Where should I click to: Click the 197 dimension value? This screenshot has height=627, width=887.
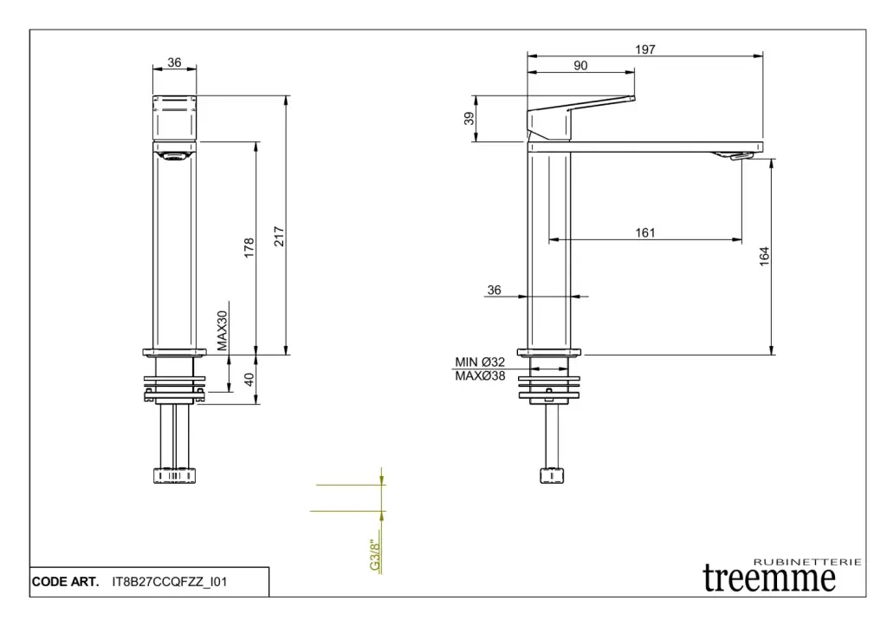(644, 49)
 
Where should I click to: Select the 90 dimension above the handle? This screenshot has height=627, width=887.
(580, 66)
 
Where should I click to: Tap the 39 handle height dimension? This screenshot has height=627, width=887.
(469, 119)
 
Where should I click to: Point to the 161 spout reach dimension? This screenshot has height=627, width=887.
(644, 232)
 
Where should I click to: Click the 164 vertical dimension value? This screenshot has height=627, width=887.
(764, 256)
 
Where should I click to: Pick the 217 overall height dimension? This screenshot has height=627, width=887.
(279, 236)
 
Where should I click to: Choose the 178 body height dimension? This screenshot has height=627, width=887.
(249, 248)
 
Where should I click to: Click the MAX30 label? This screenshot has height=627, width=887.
(222, 330)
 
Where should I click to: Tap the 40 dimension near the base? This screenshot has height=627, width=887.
(249, 379)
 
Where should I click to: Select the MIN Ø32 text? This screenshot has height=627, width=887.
(480, 362)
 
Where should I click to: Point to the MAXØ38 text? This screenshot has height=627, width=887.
(480, 376)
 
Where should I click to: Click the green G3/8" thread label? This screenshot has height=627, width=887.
(374, 556)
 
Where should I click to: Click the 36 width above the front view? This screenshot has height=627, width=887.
(174, 62)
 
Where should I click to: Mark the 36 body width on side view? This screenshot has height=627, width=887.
(494, 290)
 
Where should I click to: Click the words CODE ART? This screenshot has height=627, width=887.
(65, 582)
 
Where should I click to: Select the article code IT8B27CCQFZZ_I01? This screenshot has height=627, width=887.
(170, 582)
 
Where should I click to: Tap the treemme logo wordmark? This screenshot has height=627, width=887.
(769, 578)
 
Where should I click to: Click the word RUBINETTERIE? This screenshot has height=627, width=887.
(808, 562)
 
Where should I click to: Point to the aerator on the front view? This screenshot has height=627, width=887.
(174, 156)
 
